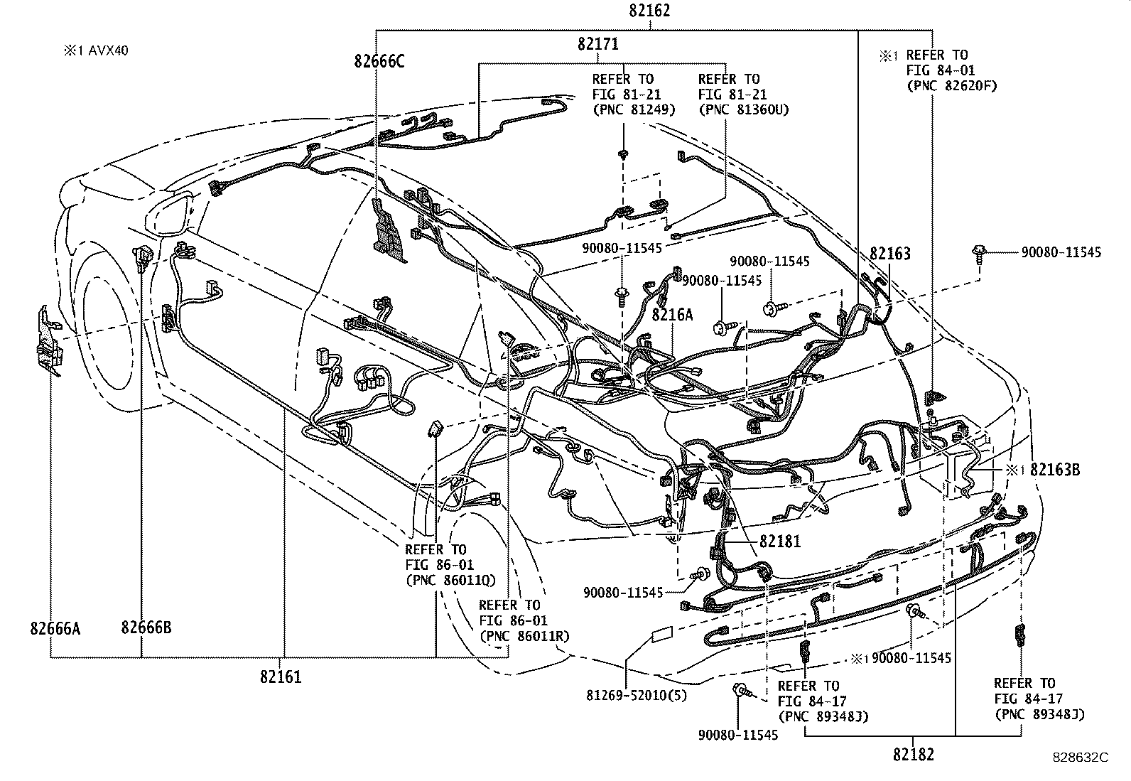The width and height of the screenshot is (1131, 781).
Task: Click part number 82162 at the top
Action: point(649,11)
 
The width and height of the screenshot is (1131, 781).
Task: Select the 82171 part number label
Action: point(598,45)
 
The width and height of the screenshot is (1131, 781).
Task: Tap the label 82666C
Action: point(379,61)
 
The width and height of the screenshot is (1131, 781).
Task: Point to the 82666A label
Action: point(55,628)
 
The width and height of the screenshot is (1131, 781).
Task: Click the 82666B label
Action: point(146,628)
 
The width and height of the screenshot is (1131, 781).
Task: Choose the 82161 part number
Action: point(281,677)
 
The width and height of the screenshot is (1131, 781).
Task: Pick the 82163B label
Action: point(1055,470)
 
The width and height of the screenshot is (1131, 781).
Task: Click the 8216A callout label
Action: point(672,315)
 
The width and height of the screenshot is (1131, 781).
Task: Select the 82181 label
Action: point(780,542)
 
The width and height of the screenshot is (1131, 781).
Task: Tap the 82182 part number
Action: point(914,755)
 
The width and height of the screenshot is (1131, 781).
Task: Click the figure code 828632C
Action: point(1081,758)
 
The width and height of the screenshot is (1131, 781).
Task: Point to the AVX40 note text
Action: point(109,50)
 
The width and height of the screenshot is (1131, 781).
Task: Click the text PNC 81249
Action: point(634,109)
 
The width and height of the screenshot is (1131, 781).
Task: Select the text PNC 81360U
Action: point(744,109)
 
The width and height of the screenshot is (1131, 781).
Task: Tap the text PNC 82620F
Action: point(952,86)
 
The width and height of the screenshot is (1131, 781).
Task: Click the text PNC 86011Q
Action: point(451,580)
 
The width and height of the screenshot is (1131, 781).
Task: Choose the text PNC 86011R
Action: point(524,636)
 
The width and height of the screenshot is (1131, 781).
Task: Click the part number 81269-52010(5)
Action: point(637,696)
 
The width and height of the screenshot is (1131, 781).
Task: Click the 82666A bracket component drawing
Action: point(49,342)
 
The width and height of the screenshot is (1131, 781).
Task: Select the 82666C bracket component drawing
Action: point(389,231)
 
